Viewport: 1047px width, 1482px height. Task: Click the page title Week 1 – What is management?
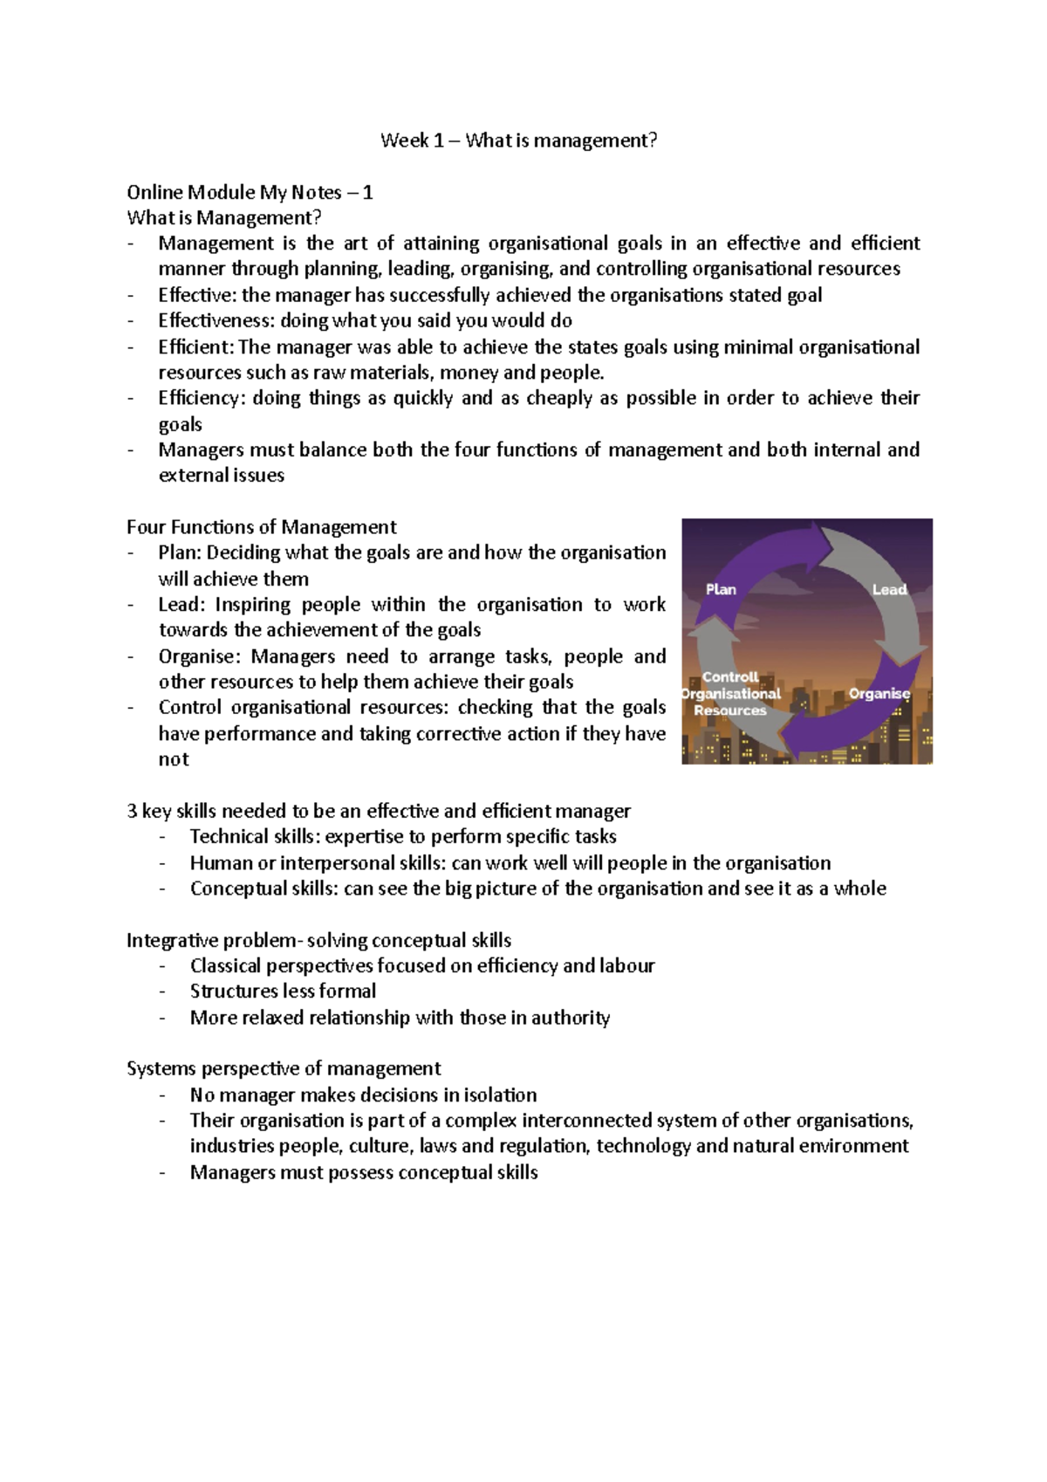coord(518,141)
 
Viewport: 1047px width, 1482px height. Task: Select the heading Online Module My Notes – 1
coord(250,193)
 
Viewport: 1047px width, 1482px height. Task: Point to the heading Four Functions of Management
coord(261,527)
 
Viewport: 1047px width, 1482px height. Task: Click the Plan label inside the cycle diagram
coord(721,590)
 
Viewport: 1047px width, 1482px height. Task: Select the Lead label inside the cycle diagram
coord(889,590)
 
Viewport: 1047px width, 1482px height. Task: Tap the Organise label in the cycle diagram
coord(879,694)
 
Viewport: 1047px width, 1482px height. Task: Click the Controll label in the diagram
coord(730,677)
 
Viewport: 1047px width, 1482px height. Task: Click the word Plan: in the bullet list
coord(180,553)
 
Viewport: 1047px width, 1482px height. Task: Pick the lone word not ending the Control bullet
coord(174,759)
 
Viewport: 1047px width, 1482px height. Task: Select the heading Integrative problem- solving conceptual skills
coord(318,941)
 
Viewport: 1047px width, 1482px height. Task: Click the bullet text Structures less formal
coord(283,991)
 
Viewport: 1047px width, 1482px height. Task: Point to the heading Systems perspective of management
coord(284,1069)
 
